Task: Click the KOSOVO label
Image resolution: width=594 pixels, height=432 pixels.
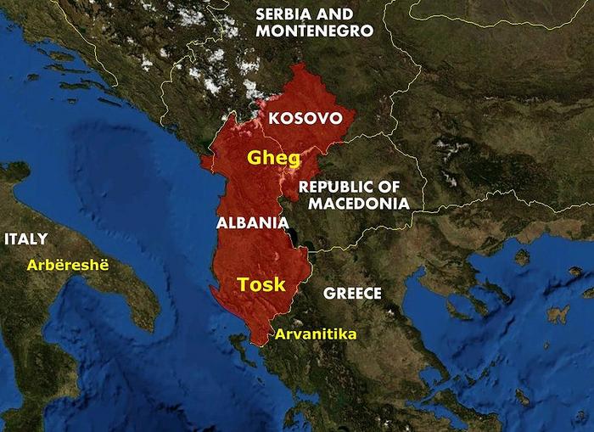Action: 305,118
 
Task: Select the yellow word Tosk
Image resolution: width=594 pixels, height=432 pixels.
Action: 261,284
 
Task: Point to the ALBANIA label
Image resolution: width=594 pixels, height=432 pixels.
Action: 253,222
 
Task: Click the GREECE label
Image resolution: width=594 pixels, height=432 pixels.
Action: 352,294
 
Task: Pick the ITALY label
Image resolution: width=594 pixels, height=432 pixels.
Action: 25,238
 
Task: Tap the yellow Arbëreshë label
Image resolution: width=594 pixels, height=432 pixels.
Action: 69,264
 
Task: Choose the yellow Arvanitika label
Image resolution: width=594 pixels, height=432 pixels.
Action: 315,334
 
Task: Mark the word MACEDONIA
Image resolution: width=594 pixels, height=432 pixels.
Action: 359,203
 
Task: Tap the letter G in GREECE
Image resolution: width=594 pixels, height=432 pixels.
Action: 328,294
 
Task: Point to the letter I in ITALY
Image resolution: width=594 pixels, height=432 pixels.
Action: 7,238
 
